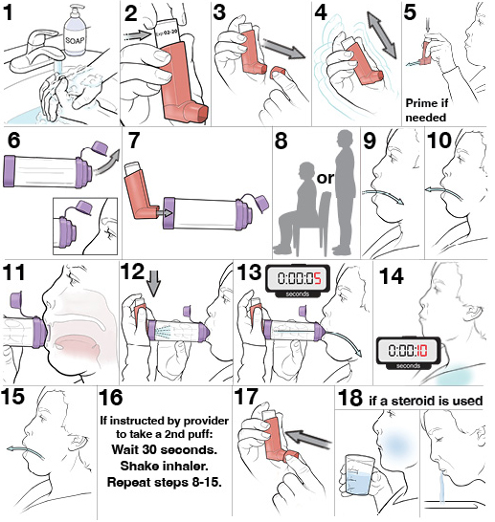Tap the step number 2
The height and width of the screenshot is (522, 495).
[132, 15]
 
